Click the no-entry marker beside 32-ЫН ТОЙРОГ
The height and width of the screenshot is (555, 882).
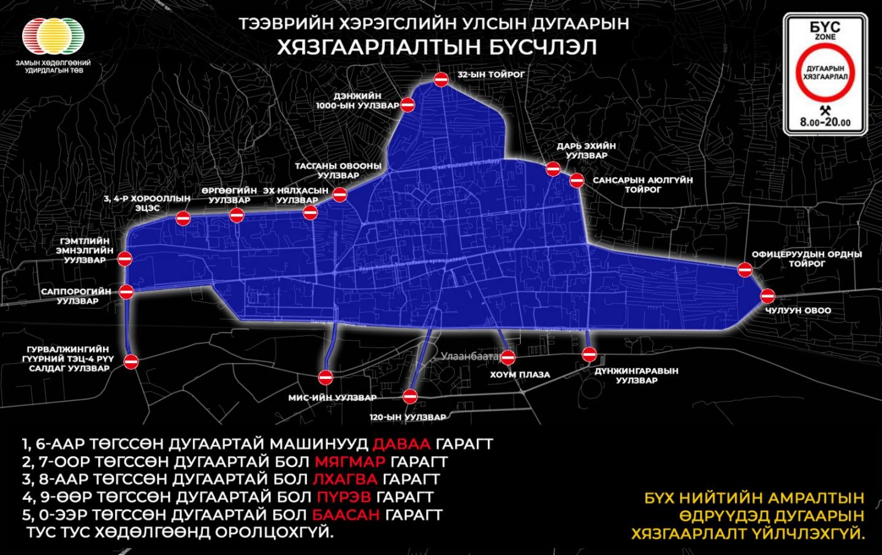(441, 80)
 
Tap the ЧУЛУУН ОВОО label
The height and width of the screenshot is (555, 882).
(797, 310)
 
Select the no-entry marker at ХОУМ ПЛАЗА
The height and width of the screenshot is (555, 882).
(508, 358)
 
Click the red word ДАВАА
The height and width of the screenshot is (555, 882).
(402, 444)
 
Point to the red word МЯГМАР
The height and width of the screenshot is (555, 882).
(349, 461)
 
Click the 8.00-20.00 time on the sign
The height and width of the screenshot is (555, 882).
(825, 122)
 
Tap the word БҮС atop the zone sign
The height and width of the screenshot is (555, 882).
(824, 28)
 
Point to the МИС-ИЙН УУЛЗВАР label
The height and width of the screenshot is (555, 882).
(332, 397)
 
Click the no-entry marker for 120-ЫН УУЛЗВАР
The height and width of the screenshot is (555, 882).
(410, 397)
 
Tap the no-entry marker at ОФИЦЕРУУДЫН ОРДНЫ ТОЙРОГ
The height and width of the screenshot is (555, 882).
(745, 269)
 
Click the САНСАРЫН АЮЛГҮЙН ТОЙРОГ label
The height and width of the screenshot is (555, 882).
(642, 185)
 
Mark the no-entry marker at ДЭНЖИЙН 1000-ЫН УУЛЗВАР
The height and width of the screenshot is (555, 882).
(408, 105)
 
